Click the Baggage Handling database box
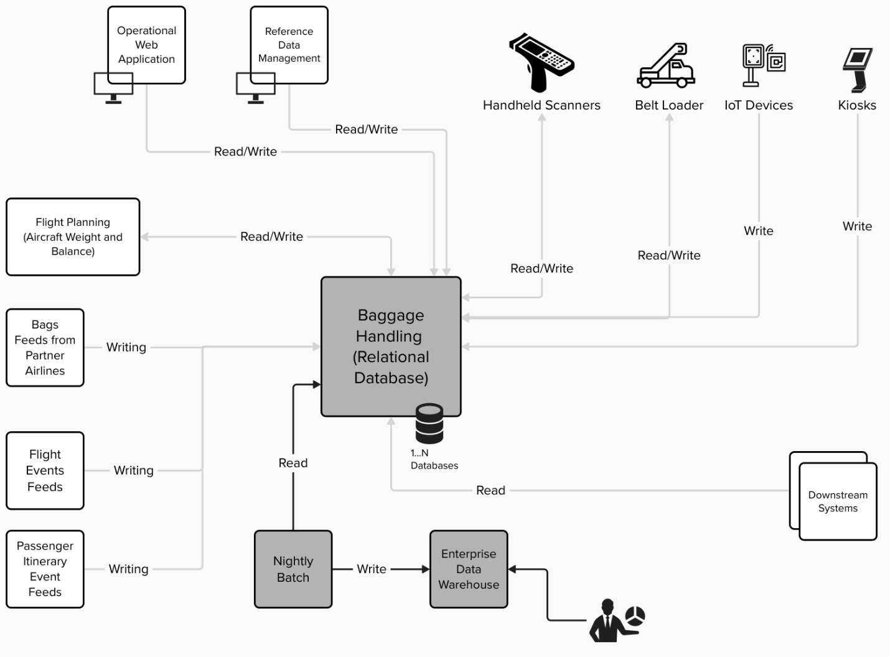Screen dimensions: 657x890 coord(391,346)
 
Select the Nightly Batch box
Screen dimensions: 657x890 coord(293,569)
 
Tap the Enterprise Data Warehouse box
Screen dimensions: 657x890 coord(469,569)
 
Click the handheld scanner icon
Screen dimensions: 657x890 coord(541,62)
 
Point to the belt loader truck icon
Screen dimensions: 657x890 coord(666,66)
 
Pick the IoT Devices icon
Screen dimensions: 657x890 coord(763,64)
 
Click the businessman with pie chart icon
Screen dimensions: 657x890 coord(617,620)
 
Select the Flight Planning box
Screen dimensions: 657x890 coord(73,236)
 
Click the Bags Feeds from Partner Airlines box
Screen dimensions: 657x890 coord(45,347)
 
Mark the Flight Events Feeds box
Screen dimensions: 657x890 coord(45,470)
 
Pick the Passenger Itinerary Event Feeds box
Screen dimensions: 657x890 coord(45,569)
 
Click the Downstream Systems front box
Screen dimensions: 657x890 coord(838,501)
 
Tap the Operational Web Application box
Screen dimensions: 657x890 coord(147,45)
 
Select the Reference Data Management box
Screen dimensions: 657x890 coord(289,45)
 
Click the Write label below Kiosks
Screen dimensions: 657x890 coord(857,226)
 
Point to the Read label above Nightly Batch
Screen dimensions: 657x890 coord(293,463)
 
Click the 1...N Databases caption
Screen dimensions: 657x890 coord(434,459)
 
